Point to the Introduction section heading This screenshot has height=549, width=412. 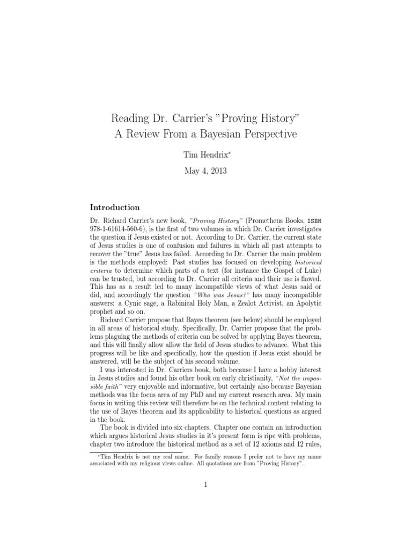115,207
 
